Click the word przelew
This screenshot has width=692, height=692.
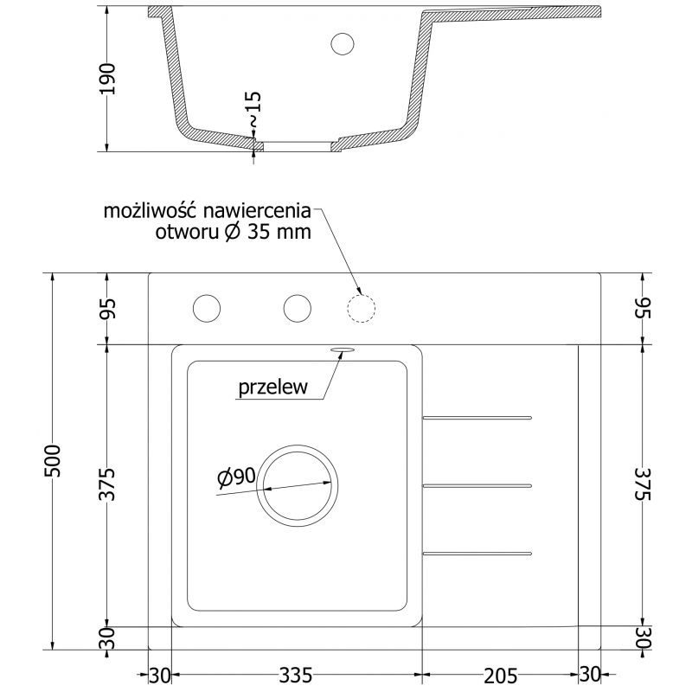point(273,388)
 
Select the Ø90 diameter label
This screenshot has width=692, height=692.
point(235,476)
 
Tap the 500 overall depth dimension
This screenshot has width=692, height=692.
point(53,460)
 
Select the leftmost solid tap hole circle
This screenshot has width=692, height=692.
point(207,307)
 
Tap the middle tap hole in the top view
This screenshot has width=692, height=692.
point(297,307)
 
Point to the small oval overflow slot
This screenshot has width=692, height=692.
point(341,349)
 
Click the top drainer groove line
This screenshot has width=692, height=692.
point(477,419)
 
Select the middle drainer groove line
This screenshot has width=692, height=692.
point(477,484)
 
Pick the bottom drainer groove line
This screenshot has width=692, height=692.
point(477,552)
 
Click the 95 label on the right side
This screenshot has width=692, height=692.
point(641,308)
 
